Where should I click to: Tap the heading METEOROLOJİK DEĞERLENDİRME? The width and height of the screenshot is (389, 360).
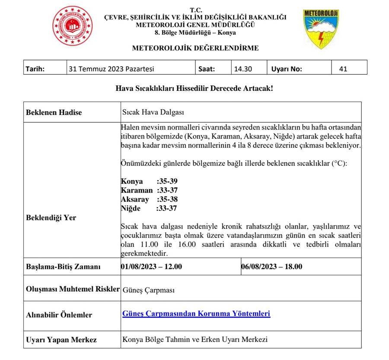(x=195, y=48)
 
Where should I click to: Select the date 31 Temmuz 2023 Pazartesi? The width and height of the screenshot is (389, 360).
(x=111, y=68)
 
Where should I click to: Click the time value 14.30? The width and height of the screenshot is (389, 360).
(x=243, y=68)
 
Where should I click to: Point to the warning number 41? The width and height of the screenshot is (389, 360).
(x=343, y=68)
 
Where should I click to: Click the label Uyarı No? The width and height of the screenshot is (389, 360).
(x=287, y=68)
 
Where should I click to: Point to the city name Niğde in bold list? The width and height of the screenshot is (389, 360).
(x=132, y=208)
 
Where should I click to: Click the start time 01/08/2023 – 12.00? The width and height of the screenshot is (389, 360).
(x=152, y=266)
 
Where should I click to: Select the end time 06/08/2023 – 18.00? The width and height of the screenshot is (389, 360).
(x=272, y=266)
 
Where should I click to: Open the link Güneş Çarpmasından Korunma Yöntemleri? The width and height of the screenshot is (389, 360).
(x=196, y=313)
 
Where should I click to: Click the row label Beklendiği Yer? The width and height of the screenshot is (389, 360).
(x=51, y=217)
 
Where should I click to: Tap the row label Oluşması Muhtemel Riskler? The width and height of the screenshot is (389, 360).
(x=73, y=289)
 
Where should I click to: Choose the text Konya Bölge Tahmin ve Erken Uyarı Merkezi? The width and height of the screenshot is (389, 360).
(x=195, y=339)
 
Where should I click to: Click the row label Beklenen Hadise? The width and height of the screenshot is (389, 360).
(x=54, y=112)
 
